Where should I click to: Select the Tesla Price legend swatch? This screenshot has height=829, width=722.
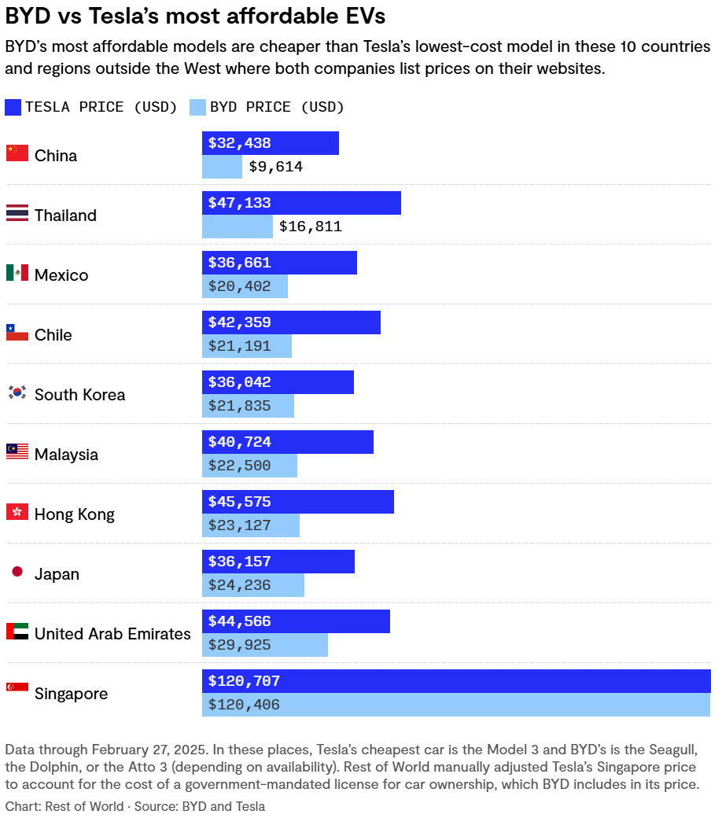pos(13,108)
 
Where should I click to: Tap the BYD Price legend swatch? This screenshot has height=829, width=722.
pos(197,108)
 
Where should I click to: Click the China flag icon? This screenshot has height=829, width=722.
pos(17,153)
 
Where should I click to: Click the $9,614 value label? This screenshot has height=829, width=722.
pos(275,167)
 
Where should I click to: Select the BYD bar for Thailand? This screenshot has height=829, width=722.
pos(237,227)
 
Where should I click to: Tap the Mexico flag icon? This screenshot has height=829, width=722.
pos(17,273)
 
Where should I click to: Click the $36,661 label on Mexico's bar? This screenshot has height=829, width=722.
pos(239,263)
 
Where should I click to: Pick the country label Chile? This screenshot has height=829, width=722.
pos(53,335)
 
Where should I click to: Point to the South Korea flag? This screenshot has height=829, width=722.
pos(17,392)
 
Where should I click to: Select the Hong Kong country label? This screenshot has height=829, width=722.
pos(74,514)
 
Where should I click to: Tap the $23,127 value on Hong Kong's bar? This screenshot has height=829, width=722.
pos(239,525)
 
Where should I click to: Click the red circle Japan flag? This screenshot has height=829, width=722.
pos(17,572)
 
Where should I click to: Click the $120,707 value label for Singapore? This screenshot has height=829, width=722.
pos(244,681)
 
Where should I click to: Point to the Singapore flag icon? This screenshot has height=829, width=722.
pos(17,687)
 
